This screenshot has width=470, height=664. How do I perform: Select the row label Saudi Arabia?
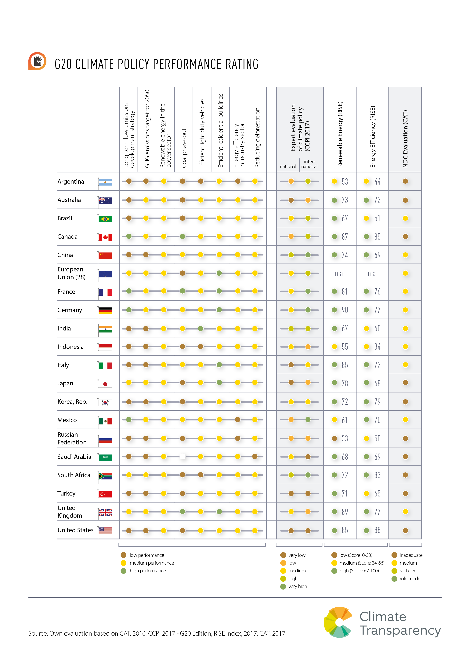(x=74, y=457)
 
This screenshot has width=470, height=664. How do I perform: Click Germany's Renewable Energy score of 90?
(x=344, y=310)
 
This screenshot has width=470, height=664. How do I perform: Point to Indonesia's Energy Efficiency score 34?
(x=377, y=347)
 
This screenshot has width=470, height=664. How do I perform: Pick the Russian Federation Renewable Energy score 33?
(x=344, y=438)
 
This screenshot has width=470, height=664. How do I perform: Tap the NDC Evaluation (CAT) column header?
(x=405, y=139)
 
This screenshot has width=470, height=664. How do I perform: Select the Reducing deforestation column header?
(x=257, y=138)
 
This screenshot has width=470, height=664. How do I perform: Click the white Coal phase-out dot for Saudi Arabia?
(x=183, y=457)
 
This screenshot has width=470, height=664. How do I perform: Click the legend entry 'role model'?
(x=410, y=579)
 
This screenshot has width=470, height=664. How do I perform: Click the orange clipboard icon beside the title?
(x=37, y=61)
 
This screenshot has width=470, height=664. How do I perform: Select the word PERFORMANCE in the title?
(x=188, y=64)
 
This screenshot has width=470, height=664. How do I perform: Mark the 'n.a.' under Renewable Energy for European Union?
(x=340, y=274)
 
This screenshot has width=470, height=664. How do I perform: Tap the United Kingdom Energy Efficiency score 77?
(x=377, y=512)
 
